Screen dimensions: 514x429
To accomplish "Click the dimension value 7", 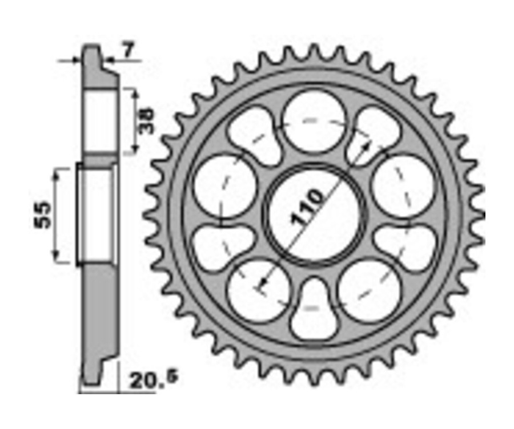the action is click(x=128, y=50).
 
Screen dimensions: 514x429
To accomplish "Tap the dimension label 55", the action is click(x=43, y=215).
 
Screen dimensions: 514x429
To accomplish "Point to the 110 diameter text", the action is click(x=307, y=207).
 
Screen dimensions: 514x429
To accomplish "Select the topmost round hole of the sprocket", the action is click(x=314, y=121).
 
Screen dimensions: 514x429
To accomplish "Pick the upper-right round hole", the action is click(x=404, y=187).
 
